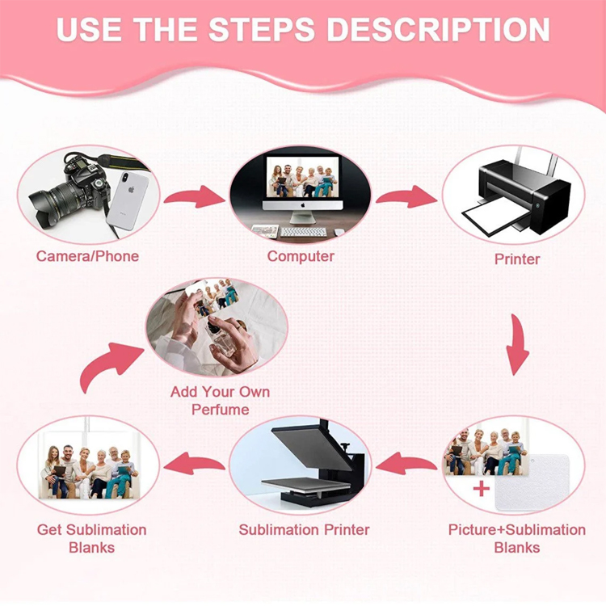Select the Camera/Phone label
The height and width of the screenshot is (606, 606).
click(87, 256)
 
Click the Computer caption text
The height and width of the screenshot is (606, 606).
click(301, 256)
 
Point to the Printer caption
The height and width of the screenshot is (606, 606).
click(517, 259)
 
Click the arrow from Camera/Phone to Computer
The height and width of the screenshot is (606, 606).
click(195, 196)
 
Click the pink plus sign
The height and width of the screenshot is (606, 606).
click(482, 489)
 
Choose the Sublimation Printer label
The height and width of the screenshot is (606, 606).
click(304, 530)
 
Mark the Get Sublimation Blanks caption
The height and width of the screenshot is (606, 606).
click(91, 539)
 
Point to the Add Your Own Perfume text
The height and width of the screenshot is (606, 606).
click(220, 401)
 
